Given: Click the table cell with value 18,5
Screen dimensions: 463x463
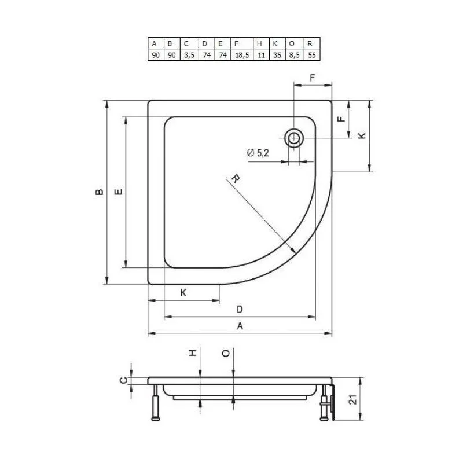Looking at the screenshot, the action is click(242, 55).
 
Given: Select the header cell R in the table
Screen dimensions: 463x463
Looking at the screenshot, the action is click(312, 44).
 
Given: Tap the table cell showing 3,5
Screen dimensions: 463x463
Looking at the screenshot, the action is click(189, 55).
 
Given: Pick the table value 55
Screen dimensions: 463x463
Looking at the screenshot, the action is click(312, 55).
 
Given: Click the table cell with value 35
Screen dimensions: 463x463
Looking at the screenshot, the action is click(277, 55).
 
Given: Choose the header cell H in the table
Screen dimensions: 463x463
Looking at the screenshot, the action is click(261, 44).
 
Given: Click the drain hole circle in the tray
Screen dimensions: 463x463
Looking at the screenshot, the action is click(294, 138).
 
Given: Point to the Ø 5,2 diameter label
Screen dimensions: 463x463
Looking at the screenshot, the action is click(258, 153).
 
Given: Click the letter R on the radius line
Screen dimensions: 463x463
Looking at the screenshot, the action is click(236, 178).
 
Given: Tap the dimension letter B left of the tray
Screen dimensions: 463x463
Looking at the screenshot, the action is click(100, 192).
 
